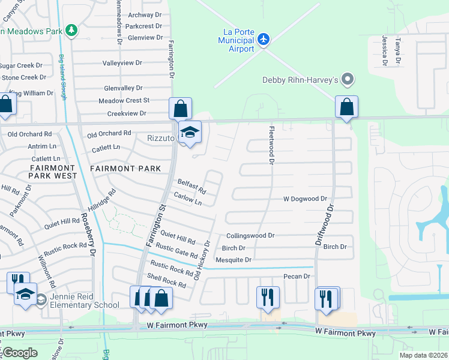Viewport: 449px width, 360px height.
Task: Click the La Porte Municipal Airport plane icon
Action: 263,39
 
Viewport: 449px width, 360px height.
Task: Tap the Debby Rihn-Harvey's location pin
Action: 347,79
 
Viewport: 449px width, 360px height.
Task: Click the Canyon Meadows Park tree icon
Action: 71,29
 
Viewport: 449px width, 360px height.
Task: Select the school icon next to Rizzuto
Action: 190,133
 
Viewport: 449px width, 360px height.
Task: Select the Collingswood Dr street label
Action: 250,236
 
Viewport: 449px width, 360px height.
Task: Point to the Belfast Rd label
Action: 191,187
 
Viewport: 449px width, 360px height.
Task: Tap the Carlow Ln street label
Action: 187,199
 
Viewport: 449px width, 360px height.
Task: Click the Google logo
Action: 20,353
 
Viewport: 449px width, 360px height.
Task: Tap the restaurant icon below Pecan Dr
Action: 268,297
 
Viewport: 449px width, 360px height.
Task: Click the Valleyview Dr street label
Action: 122,62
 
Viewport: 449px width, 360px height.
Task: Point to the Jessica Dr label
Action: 384,49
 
